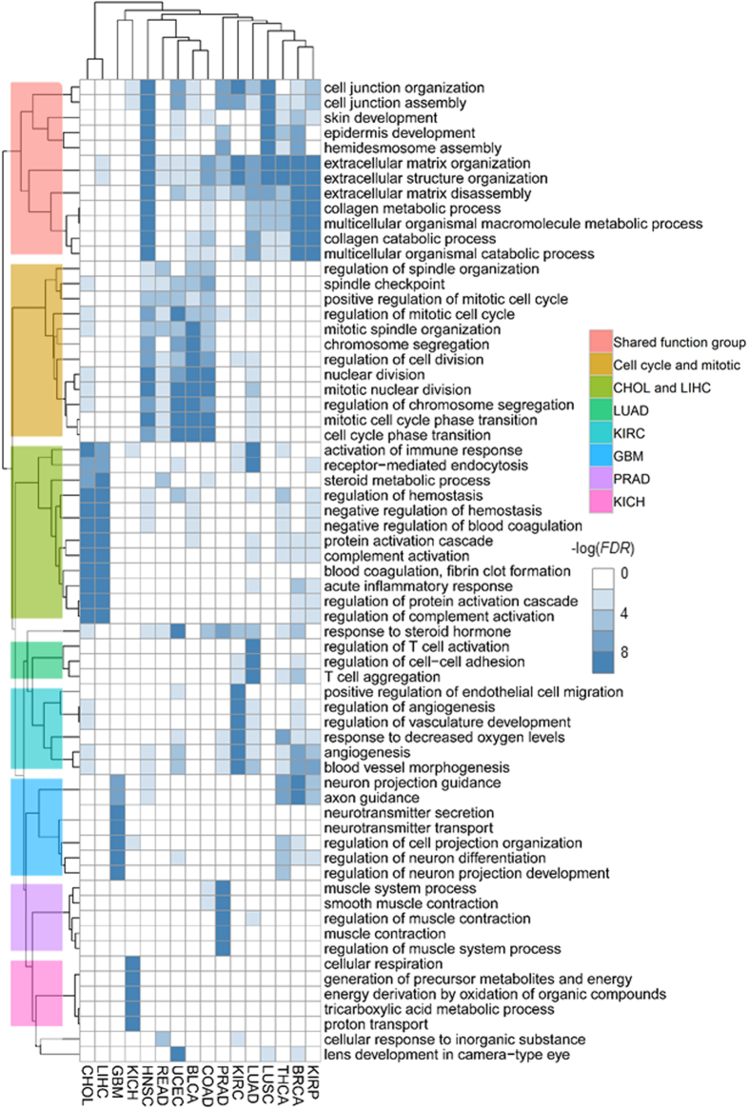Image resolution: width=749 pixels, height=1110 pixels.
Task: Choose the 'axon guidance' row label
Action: [x=364, y=797]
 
